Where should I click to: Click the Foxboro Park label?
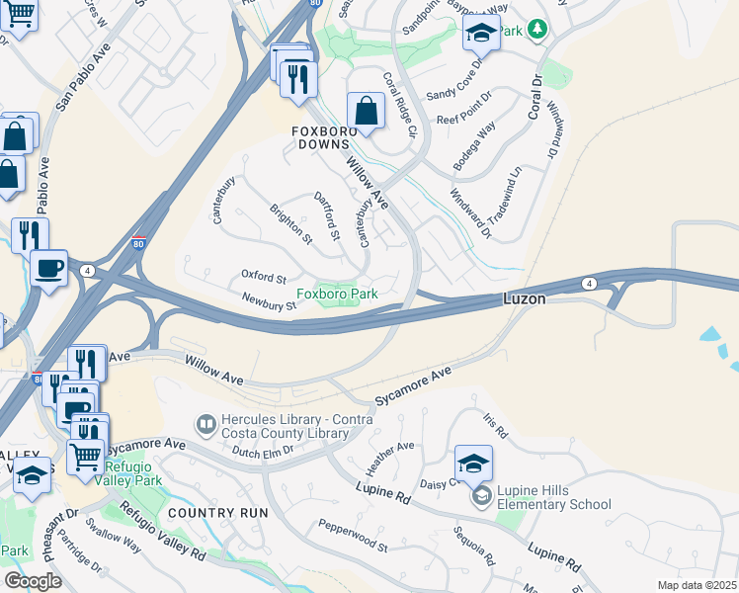coord(337,294)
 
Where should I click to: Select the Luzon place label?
coord(525,297)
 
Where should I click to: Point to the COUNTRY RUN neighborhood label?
coord(218,512)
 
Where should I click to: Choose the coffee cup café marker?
coord(48,267)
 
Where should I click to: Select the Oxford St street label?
coord(263,278)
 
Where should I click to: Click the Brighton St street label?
coord(290,224)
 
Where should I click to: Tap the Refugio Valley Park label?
coord(133,473)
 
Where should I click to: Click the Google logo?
coord(33,580)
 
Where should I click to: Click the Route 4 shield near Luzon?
coord(589,284)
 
